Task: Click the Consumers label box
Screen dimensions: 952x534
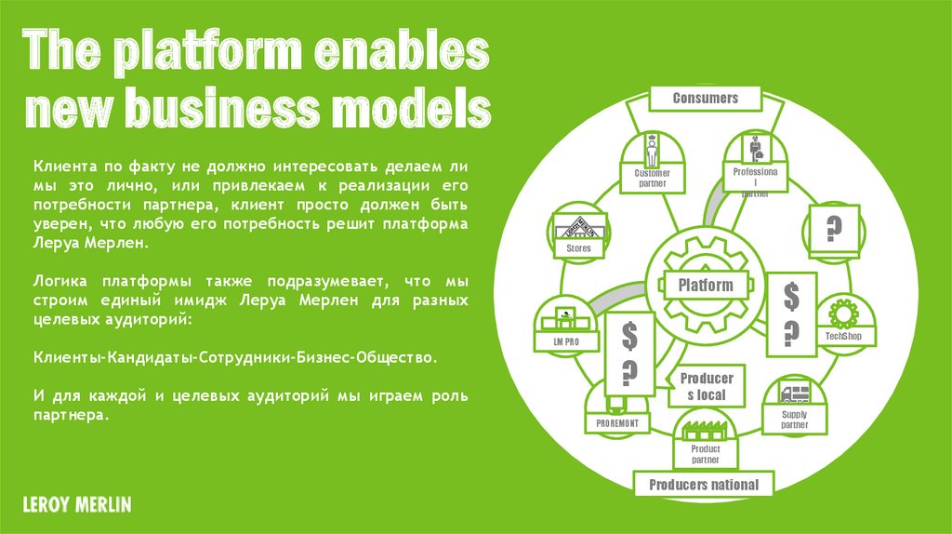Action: (705, 98)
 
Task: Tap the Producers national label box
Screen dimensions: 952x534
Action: (703, 485)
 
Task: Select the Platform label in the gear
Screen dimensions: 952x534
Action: (705, 286)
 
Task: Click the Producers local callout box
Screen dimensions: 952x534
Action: (707, 386)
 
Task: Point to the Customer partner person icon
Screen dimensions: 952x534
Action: (652, 150)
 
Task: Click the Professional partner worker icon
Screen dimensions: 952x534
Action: (756, 149)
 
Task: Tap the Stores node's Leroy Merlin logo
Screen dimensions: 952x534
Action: (579, 228)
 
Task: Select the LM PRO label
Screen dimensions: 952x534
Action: (567, 341)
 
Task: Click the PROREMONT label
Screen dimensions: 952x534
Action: (618, 424)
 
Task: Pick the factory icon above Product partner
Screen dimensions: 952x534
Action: (705, 433)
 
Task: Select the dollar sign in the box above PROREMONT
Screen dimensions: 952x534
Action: (628, 333)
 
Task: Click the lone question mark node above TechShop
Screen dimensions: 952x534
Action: (833, 228)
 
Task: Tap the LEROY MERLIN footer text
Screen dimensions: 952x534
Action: (77, 505)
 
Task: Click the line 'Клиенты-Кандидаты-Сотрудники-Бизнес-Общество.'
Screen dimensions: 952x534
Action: (234, 356)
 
